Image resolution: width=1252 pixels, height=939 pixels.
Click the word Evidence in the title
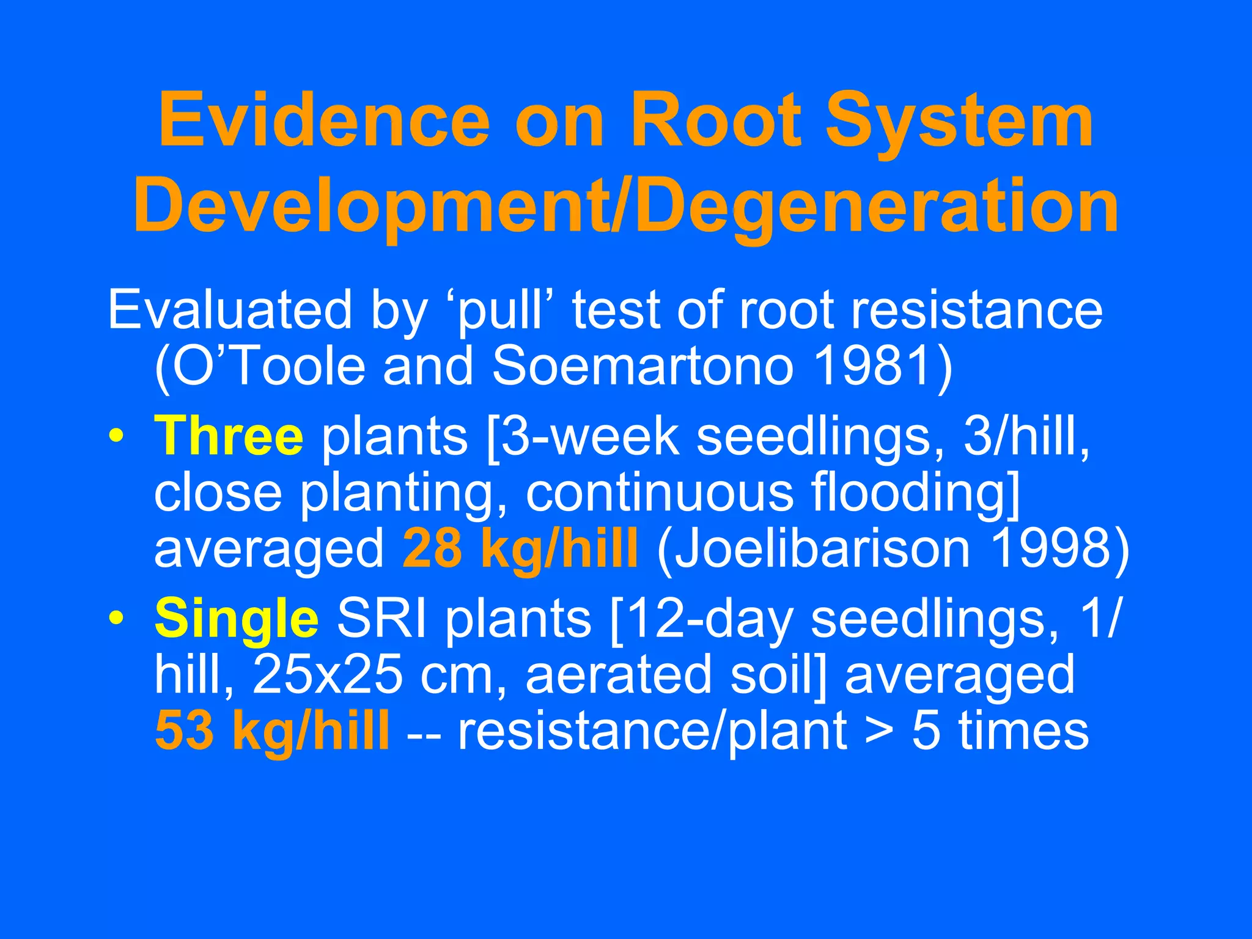324,120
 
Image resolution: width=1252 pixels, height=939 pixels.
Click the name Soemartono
643,367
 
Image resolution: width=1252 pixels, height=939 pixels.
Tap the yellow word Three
229,436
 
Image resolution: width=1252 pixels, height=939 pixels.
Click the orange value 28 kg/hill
520,549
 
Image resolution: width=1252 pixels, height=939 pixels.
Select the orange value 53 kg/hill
272,731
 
